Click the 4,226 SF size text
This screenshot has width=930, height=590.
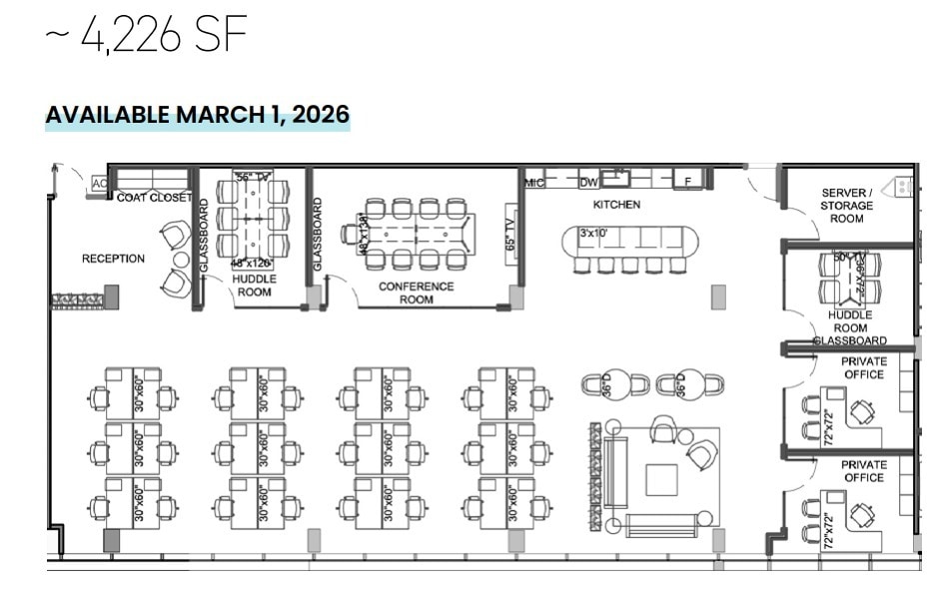(146, 37)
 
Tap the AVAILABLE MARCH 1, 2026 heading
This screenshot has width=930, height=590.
(197, 114)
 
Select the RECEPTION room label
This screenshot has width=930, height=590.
(113, 259)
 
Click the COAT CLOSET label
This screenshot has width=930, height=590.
(154, 198)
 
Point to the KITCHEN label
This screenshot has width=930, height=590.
(616, 205)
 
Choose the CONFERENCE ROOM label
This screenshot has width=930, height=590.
(416, 293)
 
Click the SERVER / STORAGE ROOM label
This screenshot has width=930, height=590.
(846, 206)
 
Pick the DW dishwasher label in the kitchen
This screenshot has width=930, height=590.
(588, 182)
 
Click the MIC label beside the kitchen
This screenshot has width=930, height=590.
(533, 182)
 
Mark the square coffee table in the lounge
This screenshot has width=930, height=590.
(661, 479)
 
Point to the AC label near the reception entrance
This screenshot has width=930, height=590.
(99, 184)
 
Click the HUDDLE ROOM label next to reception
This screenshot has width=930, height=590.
(254, 286)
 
